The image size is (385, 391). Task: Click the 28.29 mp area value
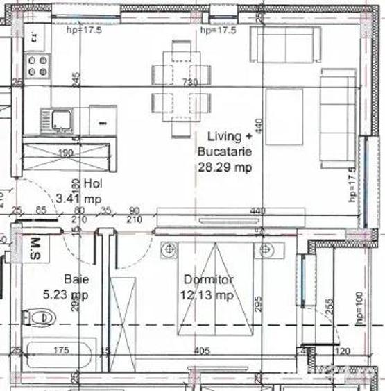tap(223, 167)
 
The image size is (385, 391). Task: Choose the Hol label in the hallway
tap(93, 184)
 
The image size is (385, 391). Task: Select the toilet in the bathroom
tap(38, 318)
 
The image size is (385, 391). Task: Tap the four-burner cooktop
tap(37, 67)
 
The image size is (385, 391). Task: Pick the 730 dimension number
tap(189, 83)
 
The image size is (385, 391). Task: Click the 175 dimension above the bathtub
tap(62, 351)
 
